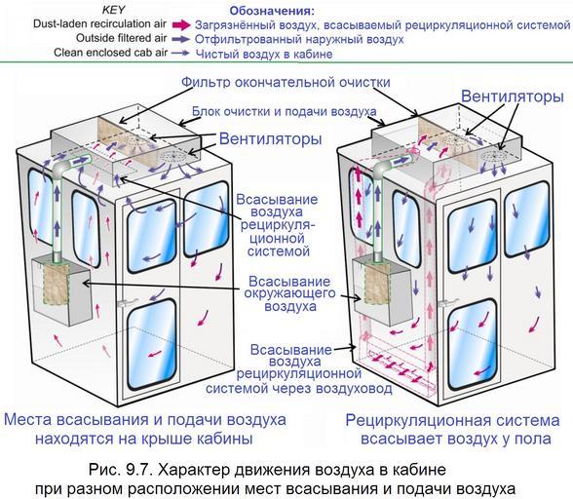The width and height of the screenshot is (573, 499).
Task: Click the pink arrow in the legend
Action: (181, 25)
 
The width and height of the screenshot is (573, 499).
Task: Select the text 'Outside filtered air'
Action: (121, 38)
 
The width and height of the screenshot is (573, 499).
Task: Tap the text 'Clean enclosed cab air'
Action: (111, 53)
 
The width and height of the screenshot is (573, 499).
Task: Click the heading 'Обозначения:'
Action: (272, 11)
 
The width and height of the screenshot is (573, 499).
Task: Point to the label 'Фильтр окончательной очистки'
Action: (286, 82)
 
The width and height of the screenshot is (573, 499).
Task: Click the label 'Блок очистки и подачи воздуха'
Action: (284, 111)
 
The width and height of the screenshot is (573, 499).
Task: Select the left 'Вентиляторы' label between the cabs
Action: (271, 139)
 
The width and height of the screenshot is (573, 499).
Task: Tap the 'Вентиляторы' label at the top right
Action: (512, 96)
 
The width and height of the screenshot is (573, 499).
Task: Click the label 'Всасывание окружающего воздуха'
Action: (289, 293)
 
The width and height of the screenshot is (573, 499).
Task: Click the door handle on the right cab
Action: (447, 302)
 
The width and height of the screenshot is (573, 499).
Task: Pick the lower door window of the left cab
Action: (152, 344)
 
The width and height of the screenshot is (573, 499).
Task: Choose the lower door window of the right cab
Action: (473, 345)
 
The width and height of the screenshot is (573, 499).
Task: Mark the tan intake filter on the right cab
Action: (377, 284)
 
